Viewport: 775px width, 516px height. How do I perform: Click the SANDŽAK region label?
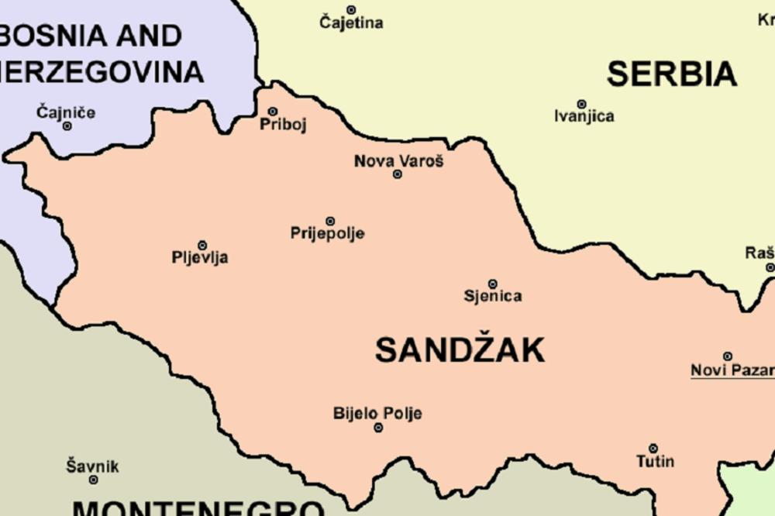460,350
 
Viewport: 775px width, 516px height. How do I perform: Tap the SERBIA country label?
671,74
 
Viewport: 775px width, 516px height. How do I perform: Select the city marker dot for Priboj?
273,112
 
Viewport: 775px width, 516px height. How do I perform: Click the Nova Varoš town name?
398,161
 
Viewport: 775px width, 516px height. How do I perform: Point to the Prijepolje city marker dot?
330,222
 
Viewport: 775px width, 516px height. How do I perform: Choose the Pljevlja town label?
200,258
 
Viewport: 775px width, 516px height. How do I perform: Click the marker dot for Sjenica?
492,284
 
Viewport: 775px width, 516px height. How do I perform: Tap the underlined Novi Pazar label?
732,370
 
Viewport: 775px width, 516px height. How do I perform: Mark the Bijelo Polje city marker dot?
378,428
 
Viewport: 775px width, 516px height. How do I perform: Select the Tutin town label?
655,462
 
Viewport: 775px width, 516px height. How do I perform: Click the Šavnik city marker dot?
93,480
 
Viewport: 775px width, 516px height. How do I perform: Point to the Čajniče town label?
66,112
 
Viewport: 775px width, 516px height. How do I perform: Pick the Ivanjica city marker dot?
581,104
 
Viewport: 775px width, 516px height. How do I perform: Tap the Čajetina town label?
351,23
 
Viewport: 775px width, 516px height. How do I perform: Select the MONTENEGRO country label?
198,508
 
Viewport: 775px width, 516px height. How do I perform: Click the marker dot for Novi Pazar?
728,356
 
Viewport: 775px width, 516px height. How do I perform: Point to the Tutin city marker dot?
653,449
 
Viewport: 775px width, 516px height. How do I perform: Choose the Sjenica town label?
493,296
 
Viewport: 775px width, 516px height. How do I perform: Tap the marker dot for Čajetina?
351,10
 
